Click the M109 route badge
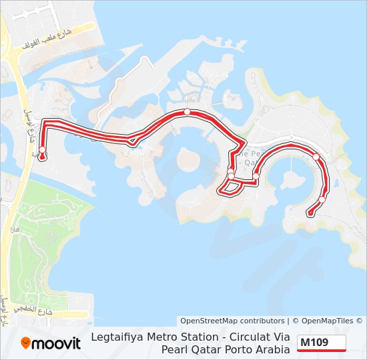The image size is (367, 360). tap(322, 343)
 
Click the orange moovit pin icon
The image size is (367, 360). tap(26, 343)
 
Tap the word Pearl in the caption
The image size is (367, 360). tap(175, 349)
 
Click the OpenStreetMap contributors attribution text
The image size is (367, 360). tap(232, 321)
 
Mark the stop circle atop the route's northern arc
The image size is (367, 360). tap(188, 112)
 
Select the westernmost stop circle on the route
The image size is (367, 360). tap(42, 149)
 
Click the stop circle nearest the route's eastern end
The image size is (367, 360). tap(322, 199)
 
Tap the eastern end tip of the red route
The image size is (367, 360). tap(309, 213)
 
